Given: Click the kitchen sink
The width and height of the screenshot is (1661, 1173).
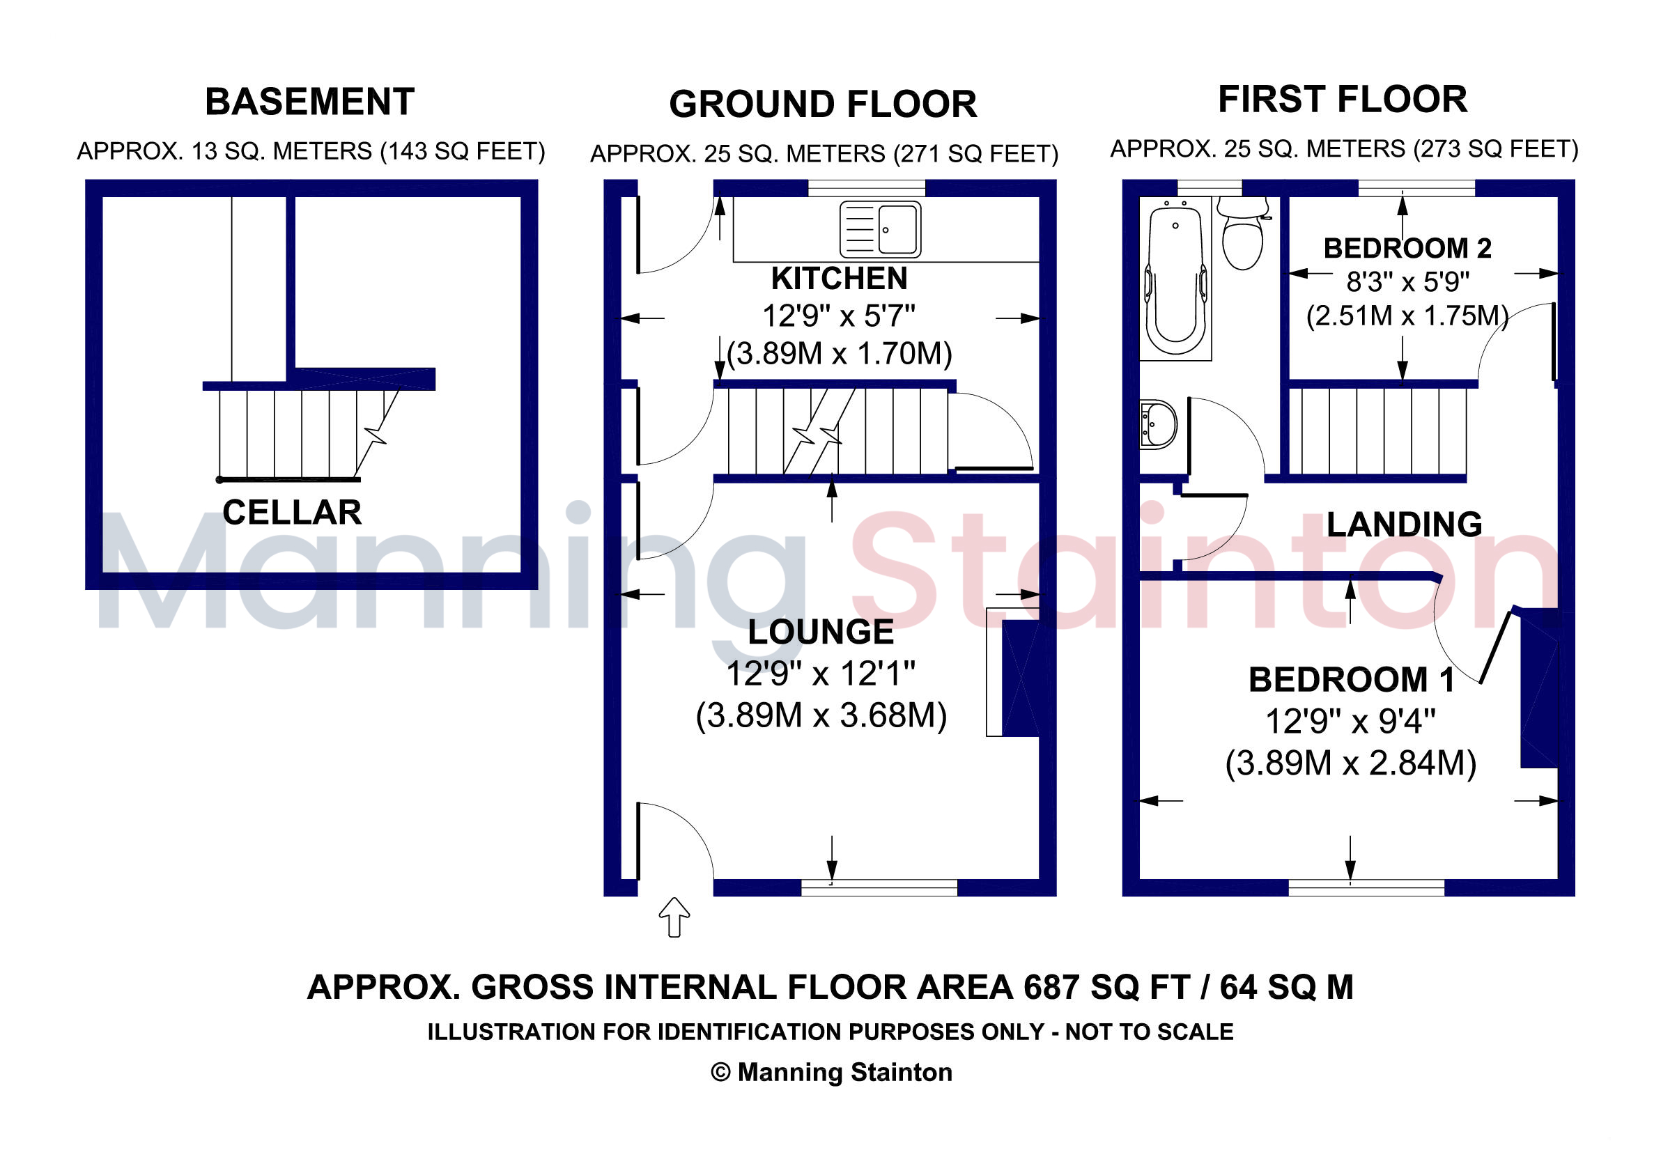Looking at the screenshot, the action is tap(881, 229).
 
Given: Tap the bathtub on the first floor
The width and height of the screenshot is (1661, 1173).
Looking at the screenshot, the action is tap(1175, 279).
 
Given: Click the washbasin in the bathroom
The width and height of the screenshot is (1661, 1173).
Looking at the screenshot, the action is tap(1158, 424).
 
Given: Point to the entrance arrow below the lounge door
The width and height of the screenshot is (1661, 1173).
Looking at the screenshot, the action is tap(674, 917).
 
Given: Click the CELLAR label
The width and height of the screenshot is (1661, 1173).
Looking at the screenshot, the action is tap(292, 513).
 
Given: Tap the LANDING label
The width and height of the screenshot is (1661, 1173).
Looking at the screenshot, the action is tap(1404, 525).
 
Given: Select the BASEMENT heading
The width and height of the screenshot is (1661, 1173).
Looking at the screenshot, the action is tap(309, 101).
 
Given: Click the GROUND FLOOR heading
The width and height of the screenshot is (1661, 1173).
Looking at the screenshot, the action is tap(823, 104).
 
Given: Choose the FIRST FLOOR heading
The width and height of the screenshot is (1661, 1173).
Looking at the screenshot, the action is tap(1343, 99).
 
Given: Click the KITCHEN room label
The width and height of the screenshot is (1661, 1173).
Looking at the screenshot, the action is tap(839, 279).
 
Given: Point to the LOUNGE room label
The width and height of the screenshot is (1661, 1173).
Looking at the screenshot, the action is tap(821, 632).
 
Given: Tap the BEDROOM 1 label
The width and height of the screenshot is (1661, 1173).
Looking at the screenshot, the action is tap(1352, 680).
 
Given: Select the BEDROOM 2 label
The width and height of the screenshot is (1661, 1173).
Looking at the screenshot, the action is tap(1407, 249).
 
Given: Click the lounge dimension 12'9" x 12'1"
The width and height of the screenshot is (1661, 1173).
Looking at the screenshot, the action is tap(821, 674).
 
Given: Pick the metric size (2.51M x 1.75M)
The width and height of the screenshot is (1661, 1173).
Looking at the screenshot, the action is tap(1407, 316).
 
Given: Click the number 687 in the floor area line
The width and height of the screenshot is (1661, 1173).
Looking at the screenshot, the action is tap(1051, 987).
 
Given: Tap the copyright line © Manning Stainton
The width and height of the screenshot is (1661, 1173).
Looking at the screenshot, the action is tap(831, 1072).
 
